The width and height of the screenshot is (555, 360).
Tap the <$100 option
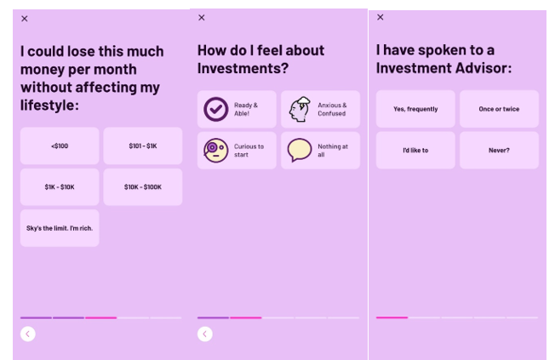(60, 146)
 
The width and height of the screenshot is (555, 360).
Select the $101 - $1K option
(143, 146)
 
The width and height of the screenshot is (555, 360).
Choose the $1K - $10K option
(60, 187)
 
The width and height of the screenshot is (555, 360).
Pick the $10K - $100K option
(143, 187)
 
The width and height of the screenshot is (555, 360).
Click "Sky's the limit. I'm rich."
(60, 228)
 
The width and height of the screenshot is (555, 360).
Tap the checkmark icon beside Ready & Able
(216, 109)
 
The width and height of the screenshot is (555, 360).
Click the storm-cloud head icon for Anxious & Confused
(300, 109)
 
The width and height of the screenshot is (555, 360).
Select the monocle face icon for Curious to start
(216, 151)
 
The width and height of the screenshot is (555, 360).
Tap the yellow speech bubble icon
(300, 150)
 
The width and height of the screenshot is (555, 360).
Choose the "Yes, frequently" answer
(415, 109)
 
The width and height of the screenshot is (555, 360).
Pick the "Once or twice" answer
(499, 109)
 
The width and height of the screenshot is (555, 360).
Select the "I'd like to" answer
(415, 151)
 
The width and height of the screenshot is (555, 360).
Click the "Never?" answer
(499, 151)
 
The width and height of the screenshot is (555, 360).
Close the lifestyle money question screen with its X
(25, 19)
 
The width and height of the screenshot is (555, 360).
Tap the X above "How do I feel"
(202, 18)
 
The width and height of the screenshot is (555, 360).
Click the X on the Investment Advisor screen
(380, 17)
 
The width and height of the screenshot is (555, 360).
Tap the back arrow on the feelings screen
(205, 334)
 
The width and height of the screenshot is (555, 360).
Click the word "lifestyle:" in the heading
(49, 106)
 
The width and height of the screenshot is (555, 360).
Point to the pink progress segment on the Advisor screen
(392, 317)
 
